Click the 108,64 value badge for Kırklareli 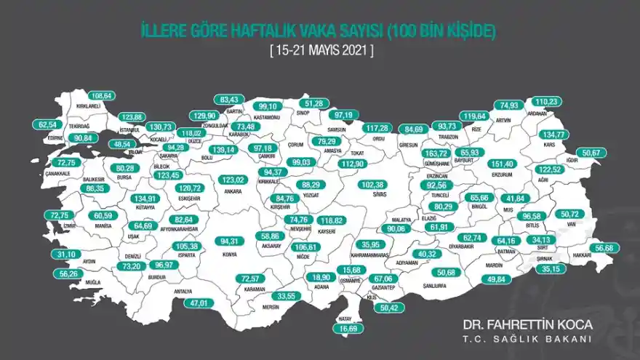pos(101,96)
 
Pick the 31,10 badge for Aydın pos(65,255)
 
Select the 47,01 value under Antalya pos(183,303)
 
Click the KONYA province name pos(230,255)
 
